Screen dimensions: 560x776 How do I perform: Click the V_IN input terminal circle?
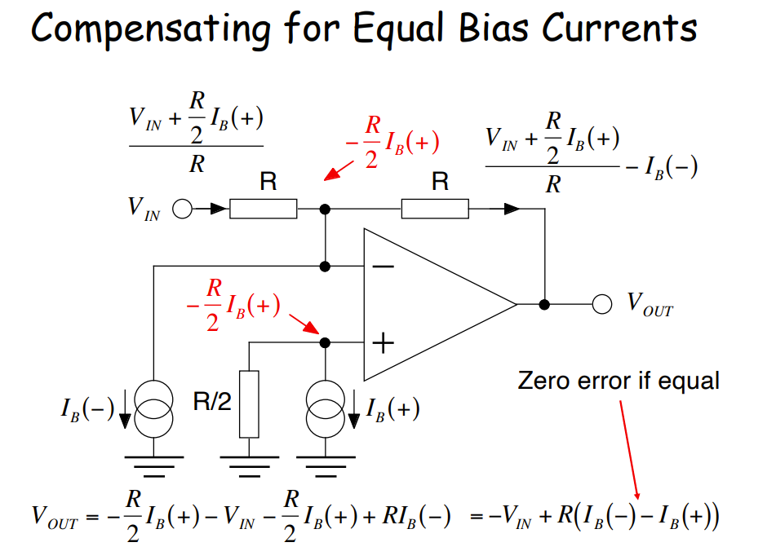click(181, 209)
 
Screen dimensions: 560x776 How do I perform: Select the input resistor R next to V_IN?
click(263, 209)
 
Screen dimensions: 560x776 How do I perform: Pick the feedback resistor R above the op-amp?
click(434, 209)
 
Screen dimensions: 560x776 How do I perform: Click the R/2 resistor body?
click(249, 403)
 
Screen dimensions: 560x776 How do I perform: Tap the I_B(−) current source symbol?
click(153, 408)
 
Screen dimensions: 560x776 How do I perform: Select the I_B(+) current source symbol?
click(326, 408)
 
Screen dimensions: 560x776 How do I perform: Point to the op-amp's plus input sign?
click(383, 343)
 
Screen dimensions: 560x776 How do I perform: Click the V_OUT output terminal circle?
click(602, 305)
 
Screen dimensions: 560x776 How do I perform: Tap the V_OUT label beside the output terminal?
click(650, 304)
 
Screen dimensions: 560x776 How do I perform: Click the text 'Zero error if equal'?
click(619, 380)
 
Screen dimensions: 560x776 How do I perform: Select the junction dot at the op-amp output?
click(544, 305)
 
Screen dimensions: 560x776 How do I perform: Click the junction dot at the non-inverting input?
click(326, 343)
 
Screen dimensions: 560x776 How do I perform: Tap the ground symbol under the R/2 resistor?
click(249, 465)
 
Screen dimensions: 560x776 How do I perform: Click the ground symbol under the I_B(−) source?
click(153, 465)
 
